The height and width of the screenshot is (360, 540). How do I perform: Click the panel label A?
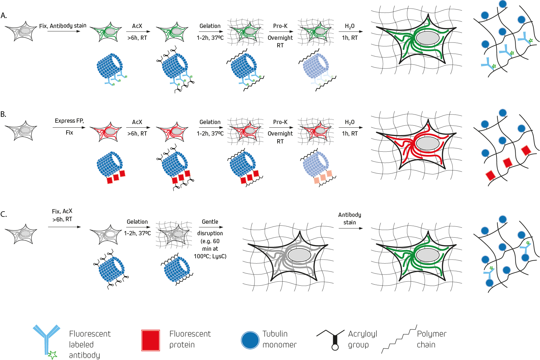[4, 15]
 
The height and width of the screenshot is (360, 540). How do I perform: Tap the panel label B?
[3, 114]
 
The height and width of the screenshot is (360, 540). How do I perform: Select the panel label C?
[4, 214]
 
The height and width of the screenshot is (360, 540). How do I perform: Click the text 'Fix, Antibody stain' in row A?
[63, 26]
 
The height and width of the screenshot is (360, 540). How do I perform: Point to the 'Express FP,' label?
[69, 121]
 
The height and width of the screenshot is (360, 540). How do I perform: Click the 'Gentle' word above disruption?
[210, 222]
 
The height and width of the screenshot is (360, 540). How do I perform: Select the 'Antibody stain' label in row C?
[350, 219]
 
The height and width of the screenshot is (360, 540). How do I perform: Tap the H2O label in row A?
[350, 26]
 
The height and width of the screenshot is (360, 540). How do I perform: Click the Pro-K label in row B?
[280, 122]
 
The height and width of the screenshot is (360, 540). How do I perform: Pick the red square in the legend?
[150, 340]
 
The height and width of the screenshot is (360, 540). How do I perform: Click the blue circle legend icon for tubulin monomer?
[250, 340]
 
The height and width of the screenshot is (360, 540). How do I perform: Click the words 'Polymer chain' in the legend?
[431, 339]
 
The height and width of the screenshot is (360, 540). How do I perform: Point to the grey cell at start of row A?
[21, 32]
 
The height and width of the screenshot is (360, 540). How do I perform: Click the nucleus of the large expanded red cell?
[427, 143]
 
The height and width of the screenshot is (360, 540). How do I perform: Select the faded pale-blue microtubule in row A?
[315, 66]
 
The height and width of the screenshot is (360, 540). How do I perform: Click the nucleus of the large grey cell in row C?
[299, 255]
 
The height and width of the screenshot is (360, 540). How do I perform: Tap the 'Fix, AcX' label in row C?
[62, 211]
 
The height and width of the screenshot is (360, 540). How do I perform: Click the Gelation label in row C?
[137, 222]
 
